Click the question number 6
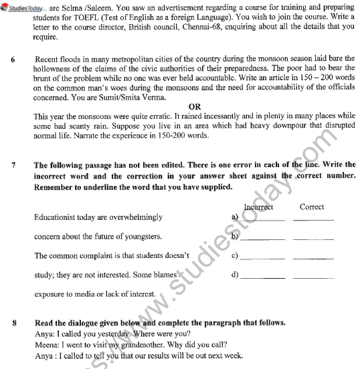tap(13, 59)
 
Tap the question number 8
tap(13, 322)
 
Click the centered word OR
tap(195, 106)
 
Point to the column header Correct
tap(312, 207)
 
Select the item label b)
tap(235, 237)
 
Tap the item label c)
tap(235, 256)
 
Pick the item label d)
tap(235, 275)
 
